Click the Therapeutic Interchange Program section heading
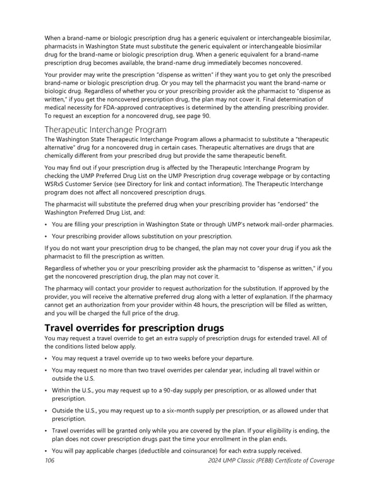click(x=105, y=129)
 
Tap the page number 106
click(x=50, y=460)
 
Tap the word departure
click(x=236, y=358)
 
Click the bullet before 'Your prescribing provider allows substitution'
click(x=46, y=237)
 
